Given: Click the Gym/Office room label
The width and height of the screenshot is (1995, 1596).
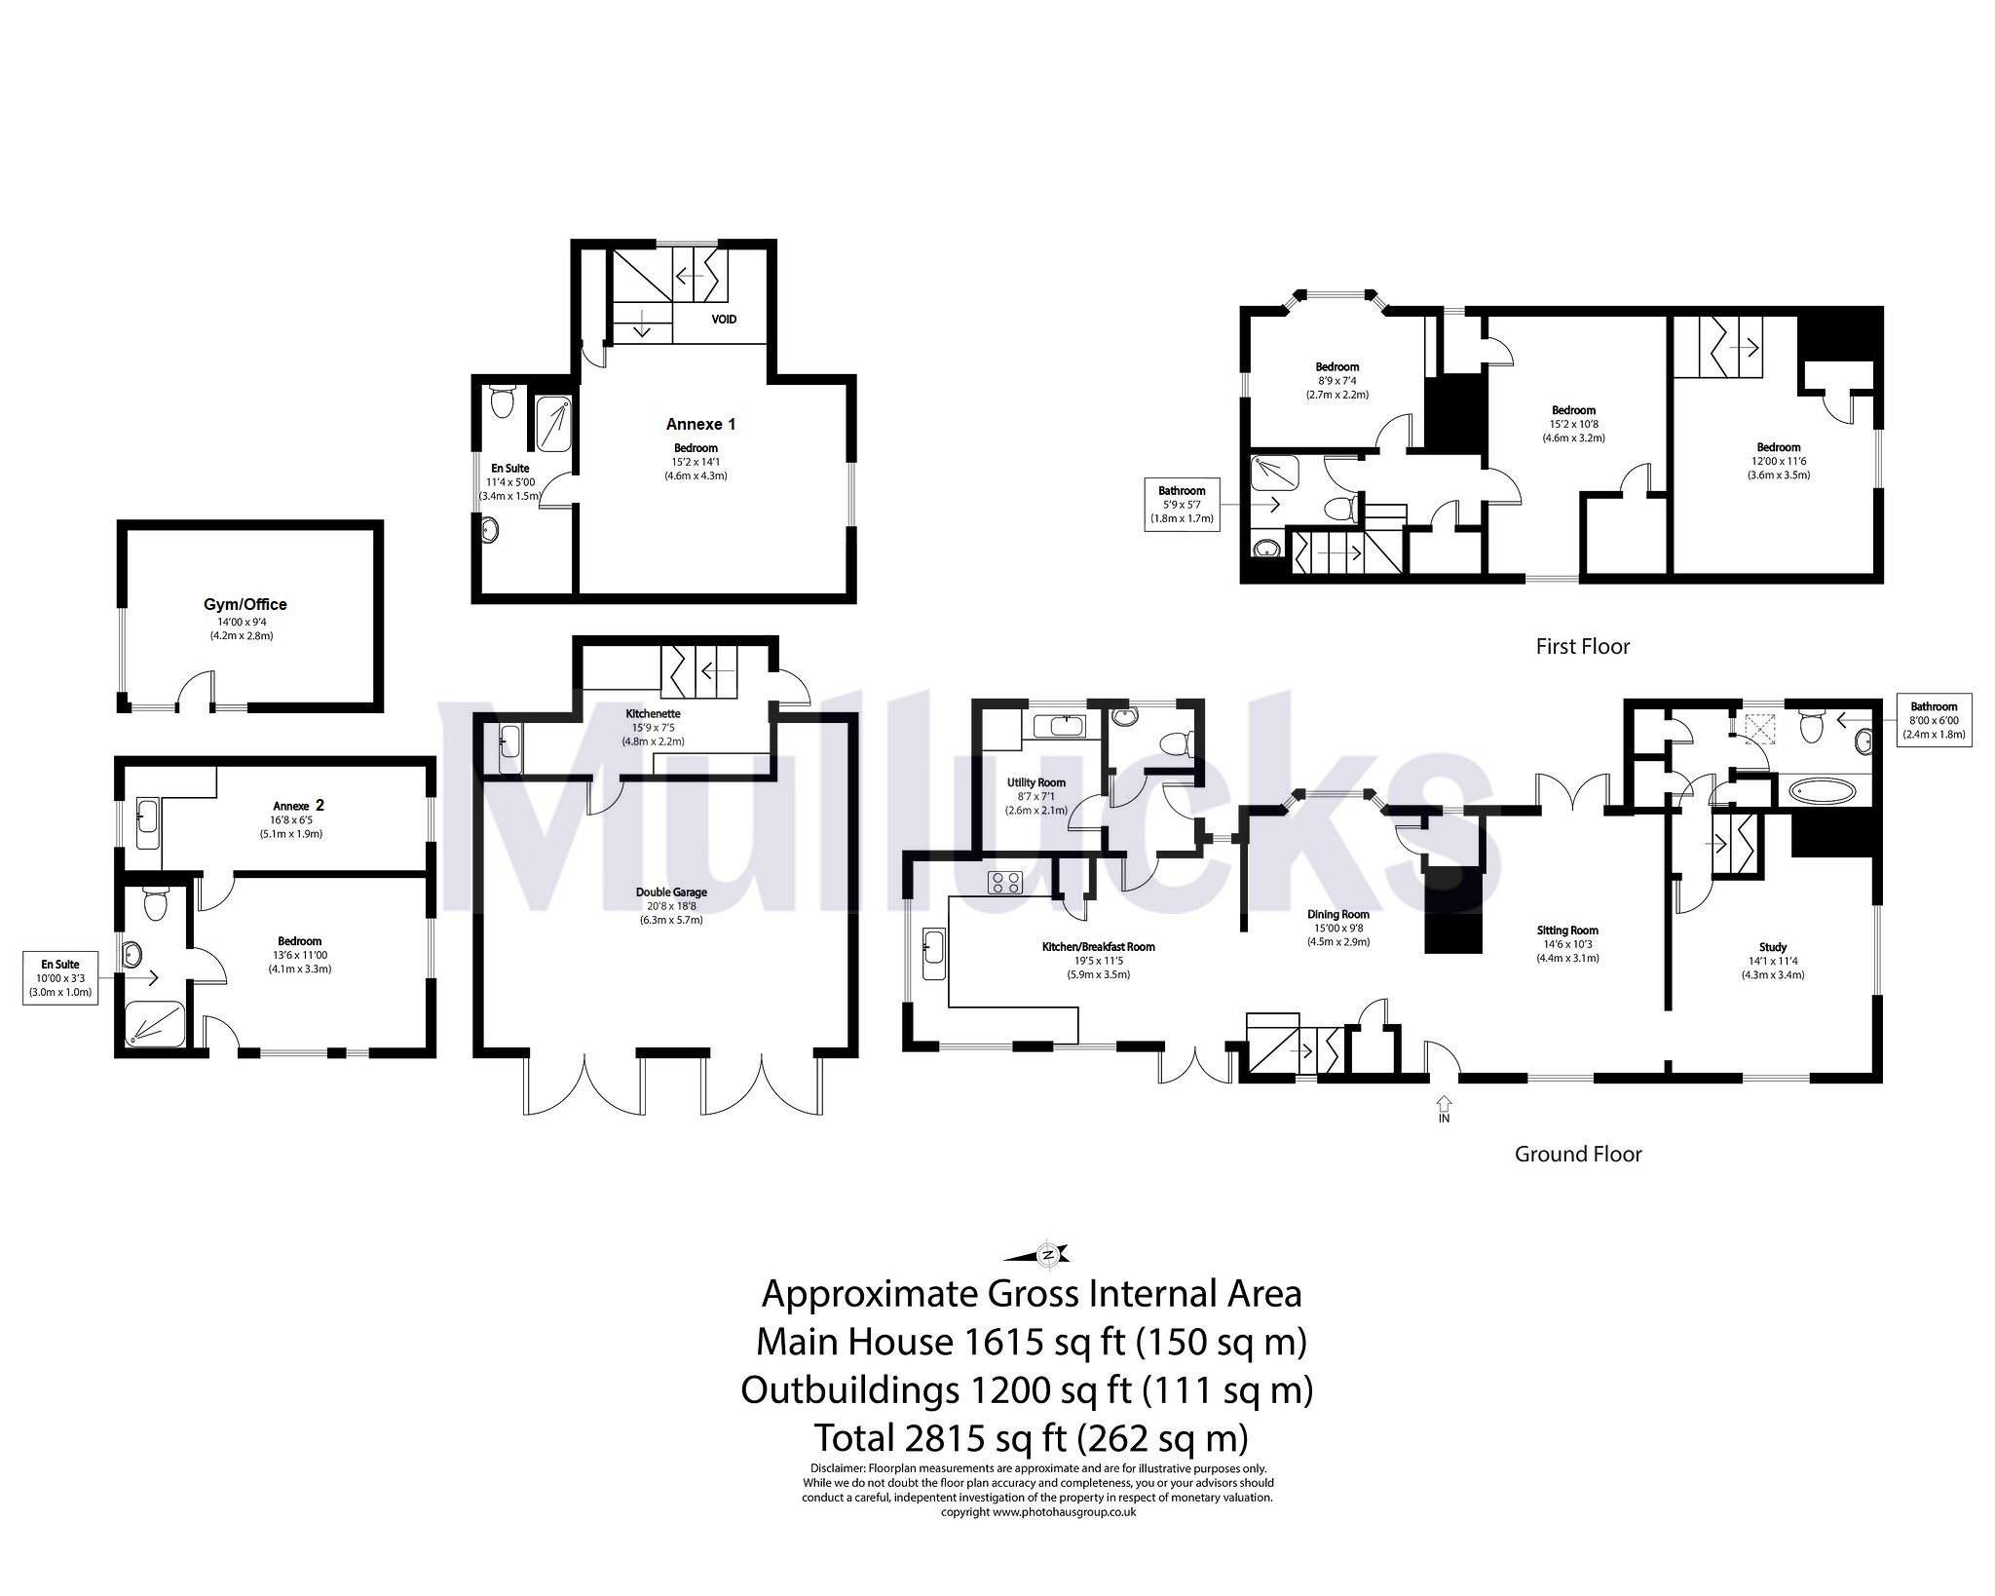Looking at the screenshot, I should pos(245,604).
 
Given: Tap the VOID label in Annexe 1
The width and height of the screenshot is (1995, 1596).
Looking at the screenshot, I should pos(724,320).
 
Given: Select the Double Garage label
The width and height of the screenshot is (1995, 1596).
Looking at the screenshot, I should pos(671,892).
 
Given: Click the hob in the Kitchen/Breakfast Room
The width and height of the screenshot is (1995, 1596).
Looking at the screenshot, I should pos(1004,883).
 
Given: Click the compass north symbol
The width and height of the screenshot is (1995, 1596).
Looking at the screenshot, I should pos(1047,1254).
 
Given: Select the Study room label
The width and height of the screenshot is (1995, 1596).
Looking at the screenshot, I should pos(1773,947).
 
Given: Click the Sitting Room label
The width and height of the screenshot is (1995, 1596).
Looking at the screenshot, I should pos(1568,931).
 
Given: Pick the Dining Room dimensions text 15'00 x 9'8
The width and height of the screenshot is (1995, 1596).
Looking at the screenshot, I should pos(1337,929).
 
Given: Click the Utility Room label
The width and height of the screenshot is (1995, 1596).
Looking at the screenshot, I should pos(1036,782).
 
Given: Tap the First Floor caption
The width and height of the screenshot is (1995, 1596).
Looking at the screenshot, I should pos(1582,647).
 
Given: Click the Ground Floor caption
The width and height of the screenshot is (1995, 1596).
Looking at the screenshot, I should pos(1578,1155).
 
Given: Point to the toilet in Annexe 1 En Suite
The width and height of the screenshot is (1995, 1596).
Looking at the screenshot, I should pos(503,401).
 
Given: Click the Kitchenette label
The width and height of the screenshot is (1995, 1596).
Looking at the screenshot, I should pos(653,713).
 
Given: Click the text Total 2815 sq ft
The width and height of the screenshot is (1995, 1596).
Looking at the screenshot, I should pos(1031,1438).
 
